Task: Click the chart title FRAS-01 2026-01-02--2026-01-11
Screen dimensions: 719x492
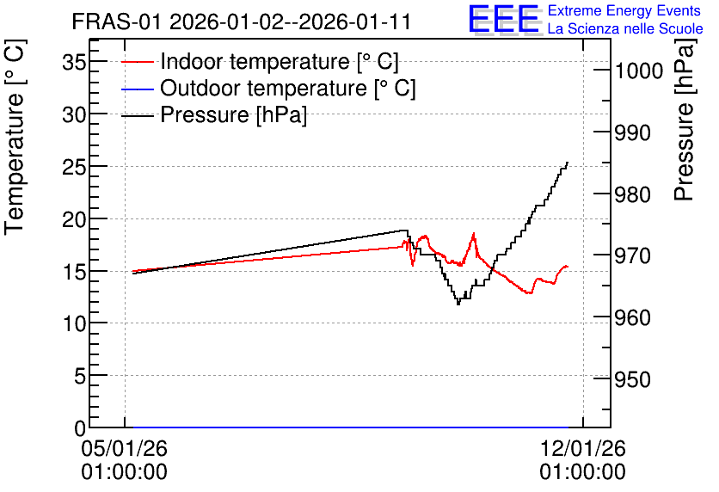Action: click(241, 22)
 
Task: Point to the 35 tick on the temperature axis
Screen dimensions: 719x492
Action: click(74, 62)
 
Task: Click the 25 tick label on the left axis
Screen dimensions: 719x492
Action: click(74, 167)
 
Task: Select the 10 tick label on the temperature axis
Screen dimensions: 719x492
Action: click(74, 323)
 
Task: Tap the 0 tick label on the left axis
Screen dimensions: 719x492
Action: click(80, 428)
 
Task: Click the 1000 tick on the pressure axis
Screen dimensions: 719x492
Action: click(639, 71)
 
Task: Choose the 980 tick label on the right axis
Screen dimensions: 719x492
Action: click(633, 195)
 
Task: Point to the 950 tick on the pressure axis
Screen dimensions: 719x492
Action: click(633, 379)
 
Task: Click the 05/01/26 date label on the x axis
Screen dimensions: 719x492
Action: click(124, 448)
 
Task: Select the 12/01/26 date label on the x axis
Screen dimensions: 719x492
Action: click(582, 448)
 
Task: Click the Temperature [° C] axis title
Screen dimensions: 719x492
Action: click(15, 138)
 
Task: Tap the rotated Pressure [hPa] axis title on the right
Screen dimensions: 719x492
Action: click(684, 120)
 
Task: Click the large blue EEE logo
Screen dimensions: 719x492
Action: click(504, 19)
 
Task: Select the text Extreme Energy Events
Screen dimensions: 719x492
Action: click(624, 10)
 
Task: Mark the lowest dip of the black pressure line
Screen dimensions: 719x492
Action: click(458, 304)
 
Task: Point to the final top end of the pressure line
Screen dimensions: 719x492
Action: click(568, 163)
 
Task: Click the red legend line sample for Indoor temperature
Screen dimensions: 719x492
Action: click(137, 62)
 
